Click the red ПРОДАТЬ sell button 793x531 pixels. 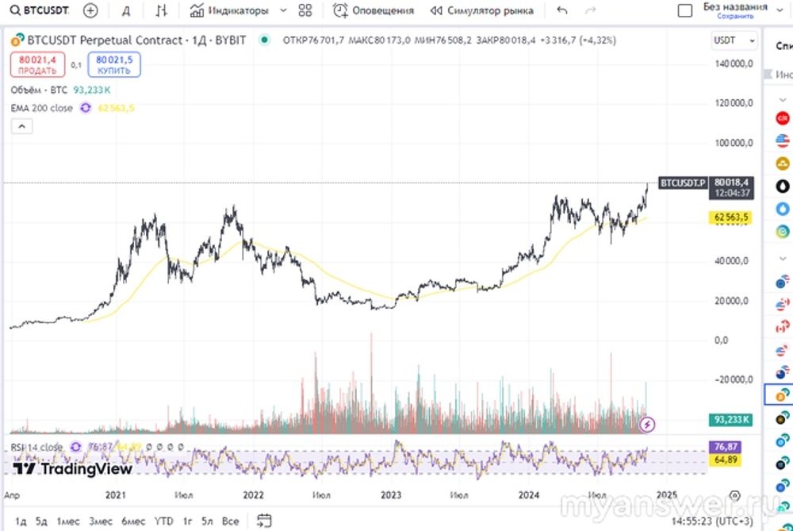coord(37,65)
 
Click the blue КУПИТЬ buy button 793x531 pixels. coord(114,65)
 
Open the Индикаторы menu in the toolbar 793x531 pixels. coord(229,11)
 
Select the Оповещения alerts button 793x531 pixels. coord(374,11)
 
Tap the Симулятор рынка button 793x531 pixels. coord(481,11)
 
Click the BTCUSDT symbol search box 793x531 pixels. coord(40,11)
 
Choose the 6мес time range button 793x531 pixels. coord(132,521)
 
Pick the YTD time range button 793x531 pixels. coord(163,521)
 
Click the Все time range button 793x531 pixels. coord(230,521)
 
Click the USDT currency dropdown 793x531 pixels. coord(733,40)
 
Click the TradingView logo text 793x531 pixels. coord(73,469)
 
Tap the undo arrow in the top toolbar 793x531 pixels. coord(562,11)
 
